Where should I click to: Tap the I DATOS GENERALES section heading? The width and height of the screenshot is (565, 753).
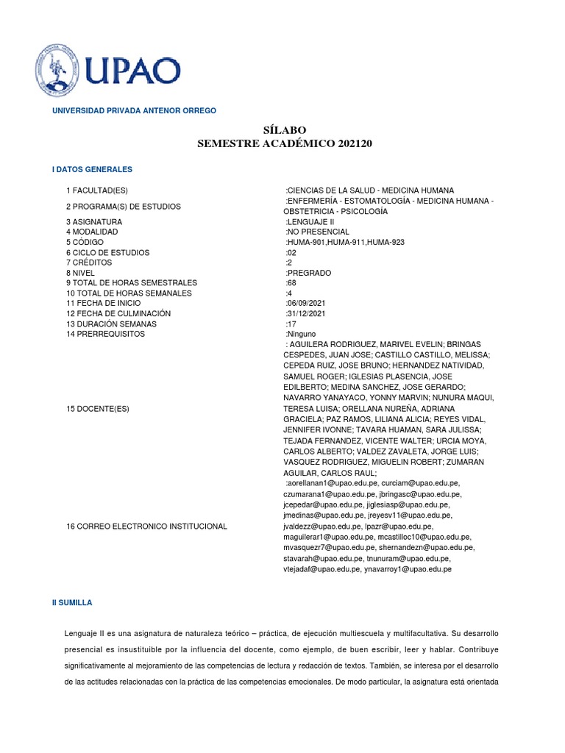tap(92, 169)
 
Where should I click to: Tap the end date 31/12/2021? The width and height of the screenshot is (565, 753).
tap(308, 313)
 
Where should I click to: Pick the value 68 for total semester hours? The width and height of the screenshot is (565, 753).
tap(291, 282)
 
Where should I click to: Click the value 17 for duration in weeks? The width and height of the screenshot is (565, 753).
tap(291, 324)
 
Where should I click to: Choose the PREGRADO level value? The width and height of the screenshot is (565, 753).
tap(310, 273)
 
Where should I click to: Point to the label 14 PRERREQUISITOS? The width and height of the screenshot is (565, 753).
tap(105, 334)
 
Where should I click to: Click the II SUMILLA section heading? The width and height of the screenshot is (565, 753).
tap(72, 602)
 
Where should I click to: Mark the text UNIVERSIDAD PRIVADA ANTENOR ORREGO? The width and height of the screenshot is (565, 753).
tap(133, 110)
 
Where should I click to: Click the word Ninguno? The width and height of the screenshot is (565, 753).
tap(301, 334)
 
